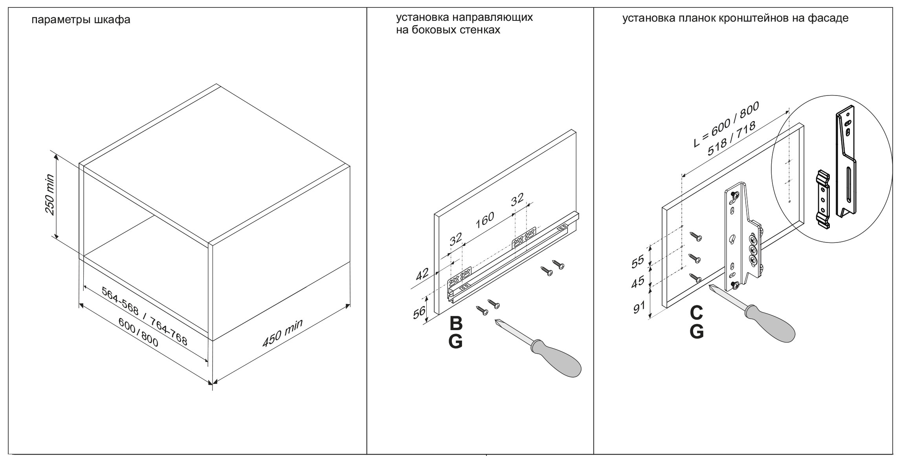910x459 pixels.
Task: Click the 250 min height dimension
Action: coord(50,195)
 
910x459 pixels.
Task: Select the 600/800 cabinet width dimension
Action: coord(139,332)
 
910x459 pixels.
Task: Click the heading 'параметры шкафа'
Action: coord(81,20)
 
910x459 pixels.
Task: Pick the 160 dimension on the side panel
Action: coord(484,220)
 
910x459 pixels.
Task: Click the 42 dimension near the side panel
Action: coord(422,274)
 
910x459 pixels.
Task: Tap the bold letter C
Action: coord(696,313)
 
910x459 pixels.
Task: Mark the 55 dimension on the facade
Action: coord(637,261)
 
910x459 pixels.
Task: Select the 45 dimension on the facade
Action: coord(637,282)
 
